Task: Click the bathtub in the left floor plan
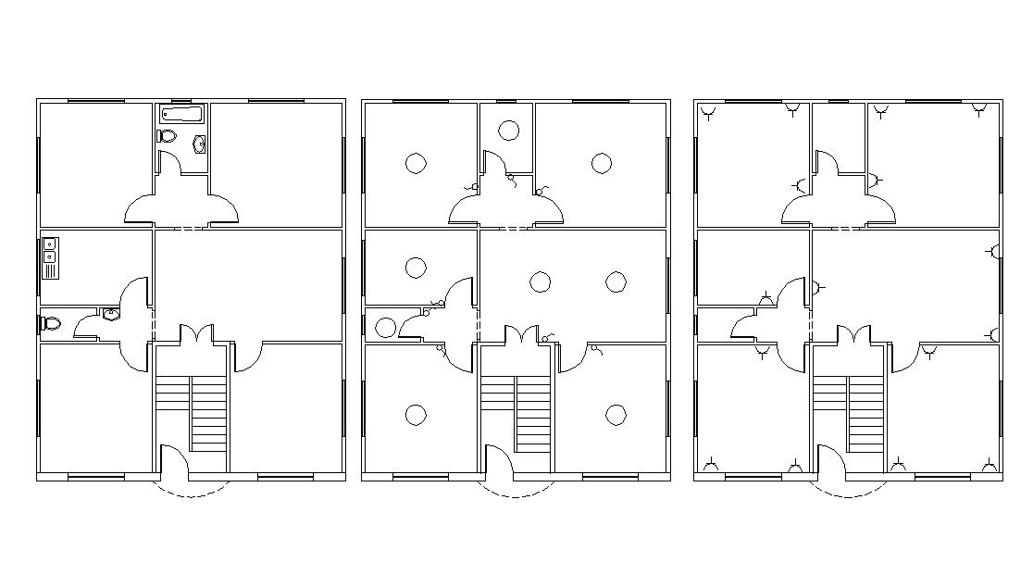(x=181, y=115)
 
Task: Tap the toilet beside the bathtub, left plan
(x=167, y=137)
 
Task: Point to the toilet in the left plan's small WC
(x=50, y=324)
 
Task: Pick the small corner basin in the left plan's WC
(x=112, y=314)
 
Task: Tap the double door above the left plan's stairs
(x=195, y=335)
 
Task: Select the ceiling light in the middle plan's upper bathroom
(x=508, y=131)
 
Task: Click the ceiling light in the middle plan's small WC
(x=386, y=326)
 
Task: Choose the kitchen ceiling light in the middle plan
(x=416, y=269)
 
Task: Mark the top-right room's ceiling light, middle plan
(x=602, y=164)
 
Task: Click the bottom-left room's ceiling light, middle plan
(x=416, y=414)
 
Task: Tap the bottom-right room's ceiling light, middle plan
(x=616, y=414)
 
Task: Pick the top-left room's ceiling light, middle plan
(x=416, y=164)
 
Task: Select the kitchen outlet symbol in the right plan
(x=765, y=298)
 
